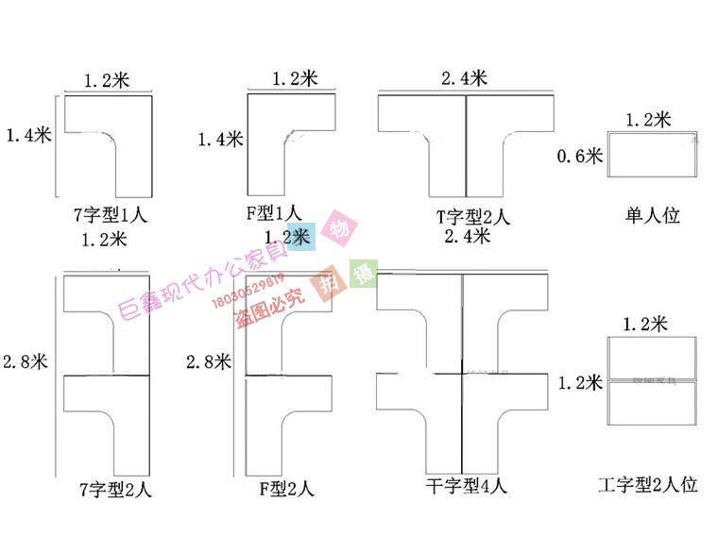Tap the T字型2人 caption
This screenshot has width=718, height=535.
point(467,217)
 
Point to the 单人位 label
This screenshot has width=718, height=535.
point(653,215)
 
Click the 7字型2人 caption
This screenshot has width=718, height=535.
point(116,490)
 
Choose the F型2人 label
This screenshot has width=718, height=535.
point(286,489)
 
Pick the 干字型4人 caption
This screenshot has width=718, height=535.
point(467,487)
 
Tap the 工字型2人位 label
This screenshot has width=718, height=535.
point(649,486)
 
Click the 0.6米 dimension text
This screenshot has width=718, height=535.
point(581,157)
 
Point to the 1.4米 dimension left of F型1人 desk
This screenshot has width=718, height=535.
point(220,140)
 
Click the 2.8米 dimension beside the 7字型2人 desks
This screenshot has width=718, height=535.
point(26,360)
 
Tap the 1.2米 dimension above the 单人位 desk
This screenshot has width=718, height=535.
point(648,119)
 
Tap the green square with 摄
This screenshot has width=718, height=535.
point(364,273)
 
